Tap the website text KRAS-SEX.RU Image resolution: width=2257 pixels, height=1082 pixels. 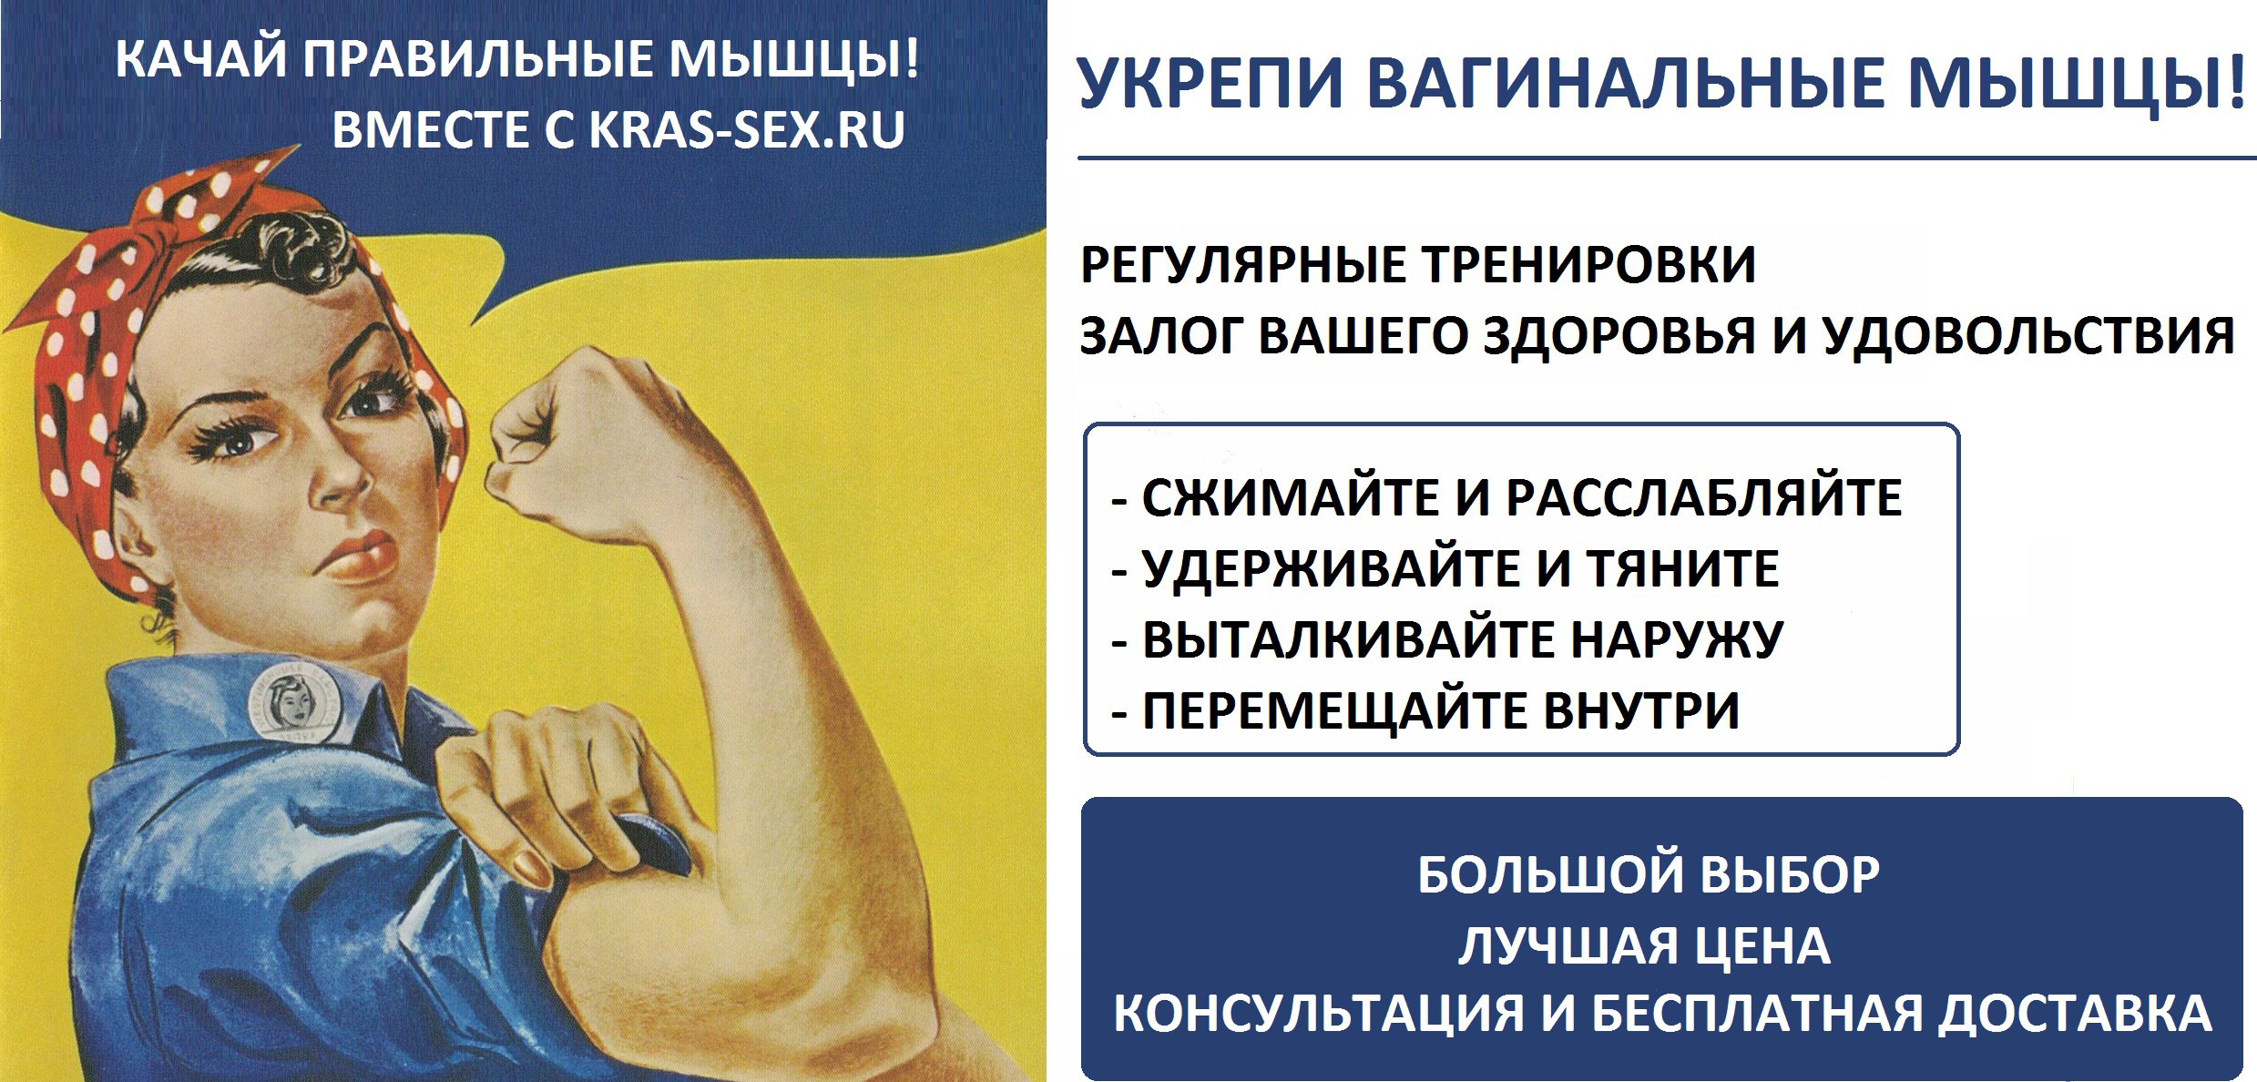coord(748,129)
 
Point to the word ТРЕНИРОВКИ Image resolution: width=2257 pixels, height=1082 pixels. coord(1588,265)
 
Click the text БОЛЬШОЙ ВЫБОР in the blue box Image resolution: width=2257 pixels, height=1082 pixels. coord(1649,874)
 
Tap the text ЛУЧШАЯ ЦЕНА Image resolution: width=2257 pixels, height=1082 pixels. coord(1644,945)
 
